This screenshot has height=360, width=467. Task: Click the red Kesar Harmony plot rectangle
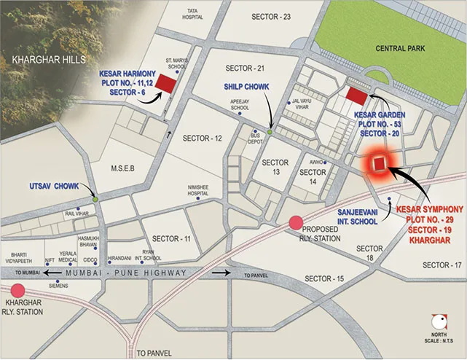click(x=167, y=84)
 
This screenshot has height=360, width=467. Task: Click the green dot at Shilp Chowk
click(x=270, y=132)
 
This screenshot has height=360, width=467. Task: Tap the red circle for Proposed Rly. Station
click(x=296, y=223)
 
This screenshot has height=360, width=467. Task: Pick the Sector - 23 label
click(x=271, y=17)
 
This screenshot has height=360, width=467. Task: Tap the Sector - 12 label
click(x=202, y=138)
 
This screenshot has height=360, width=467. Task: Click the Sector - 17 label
click(x=443, y=265)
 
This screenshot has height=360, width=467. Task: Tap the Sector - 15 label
click(x=324, y=279)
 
